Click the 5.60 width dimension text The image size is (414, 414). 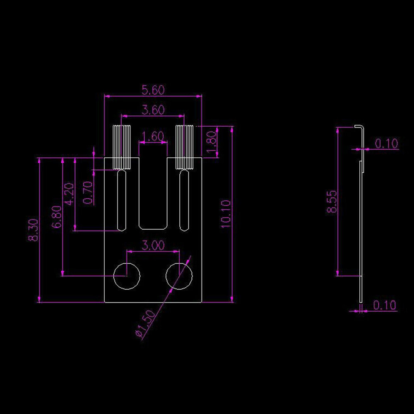click(153, 89)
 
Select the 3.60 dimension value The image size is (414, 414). click(153, 110)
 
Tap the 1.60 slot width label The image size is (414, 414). click(153, 137)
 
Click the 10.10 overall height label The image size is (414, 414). click(226, 214)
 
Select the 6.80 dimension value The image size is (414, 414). click(57, 217)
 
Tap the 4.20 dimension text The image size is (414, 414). click(70, 194)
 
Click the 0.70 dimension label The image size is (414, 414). click(88, 193)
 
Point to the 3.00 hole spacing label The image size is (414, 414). click(153, 246)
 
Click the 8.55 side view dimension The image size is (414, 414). click(332, 201)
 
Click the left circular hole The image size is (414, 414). click(127, 276)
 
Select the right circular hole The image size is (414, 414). click(179, 276)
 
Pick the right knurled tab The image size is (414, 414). click(184, 147)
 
